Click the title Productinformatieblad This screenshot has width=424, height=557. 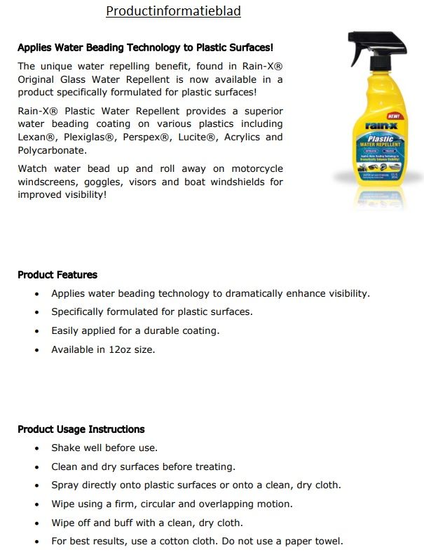[173, 12]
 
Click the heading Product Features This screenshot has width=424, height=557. [57, 275]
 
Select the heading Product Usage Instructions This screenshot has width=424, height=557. [81, 429]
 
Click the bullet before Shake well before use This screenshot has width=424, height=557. [37, 448]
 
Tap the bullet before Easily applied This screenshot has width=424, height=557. [37, 331]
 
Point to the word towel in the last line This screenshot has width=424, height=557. [327, 542]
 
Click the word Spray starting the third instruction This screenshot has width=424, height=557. [65, 485]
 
